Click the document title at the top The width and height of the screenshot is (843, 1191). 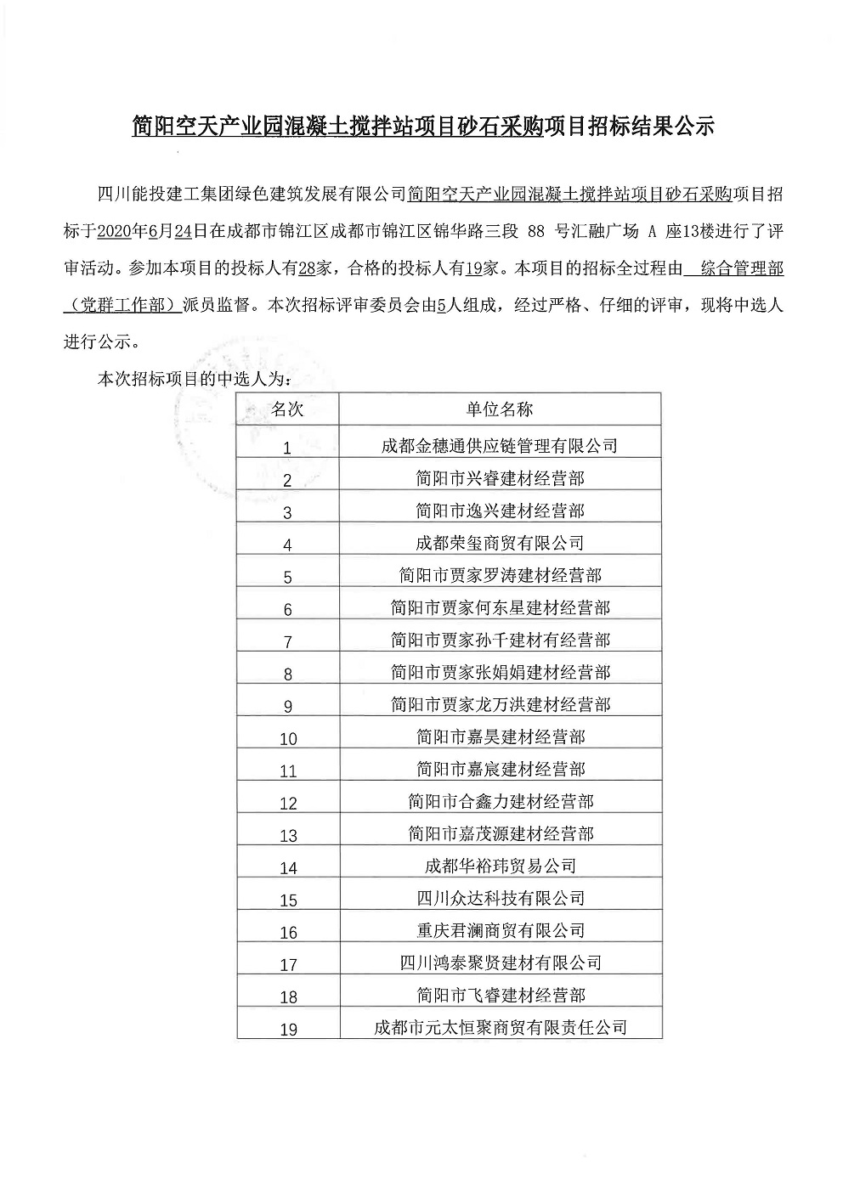point(422,127)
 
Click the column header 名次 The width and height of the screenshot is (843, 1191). point(287,409)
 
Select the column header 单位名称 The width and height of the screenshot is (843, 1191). point(500,409)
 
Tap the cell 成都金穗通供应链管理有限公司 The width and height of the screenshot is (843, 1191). point(500,445)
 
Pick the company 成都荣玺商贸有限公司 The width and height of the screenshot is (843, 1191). point(500,542)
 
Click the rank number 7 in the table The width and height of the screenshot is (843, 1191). point(288,642)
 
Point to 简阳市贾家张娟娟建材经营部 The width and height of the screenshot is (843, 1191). point(500,672)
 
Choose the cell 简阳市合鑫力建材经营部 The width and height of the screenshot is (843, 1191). point(500,801)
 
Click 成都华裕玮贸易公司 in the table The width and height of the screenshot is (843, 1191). point(500,866)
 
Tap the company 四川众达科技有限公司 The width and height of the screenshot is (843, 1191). point(500,898)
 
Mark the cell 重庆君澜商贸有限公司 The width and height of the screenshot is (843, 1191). point(500,930)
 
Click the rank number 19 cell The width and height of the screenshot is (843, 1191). point(288,1030)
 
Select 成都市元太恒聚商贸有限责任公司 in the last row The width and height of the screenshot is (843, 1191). point(500,1027)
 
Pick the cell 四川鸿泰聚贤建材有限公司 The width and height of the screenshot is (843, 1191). point(500,962)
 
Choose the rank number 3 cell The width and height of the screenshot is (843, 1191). point(288,513)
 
